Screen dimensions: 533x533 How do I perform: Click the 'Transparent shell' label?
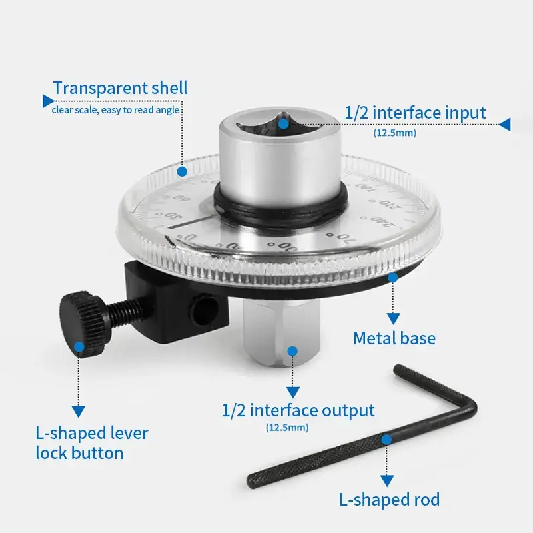click(x=120, y=88)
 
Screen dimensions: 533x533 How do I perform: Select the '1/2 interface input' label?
click(x=415, y=113)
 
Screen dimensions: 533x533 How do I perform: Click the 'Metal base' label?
click(x=394, y=338)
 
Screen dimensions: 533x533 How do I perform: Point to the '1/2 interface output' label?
click(x=298, y=410)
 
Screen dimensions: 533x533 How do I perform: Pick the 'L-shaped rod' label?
click(x=389, y=499)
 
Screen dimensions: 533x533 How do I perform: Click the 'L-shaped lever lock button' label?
click(x=91, y=443)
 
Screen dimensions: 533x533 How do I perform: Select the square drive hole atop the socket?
click(x=283, y=123)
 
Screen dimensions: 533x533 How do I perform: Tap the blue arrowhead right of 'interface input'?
click(x=504, y=124)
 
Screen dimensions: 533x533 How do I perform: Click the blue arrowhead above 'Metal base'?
click(x=393, y=318)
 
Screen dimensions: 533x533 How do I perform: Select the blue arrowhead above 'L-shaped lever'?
click(x=79, y=411)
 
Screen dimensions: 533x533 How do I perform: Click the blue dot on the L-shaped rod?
click(x=386, y=439)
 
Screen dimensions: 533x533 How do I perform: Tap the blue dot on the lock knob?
click(x=79, y=346)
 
